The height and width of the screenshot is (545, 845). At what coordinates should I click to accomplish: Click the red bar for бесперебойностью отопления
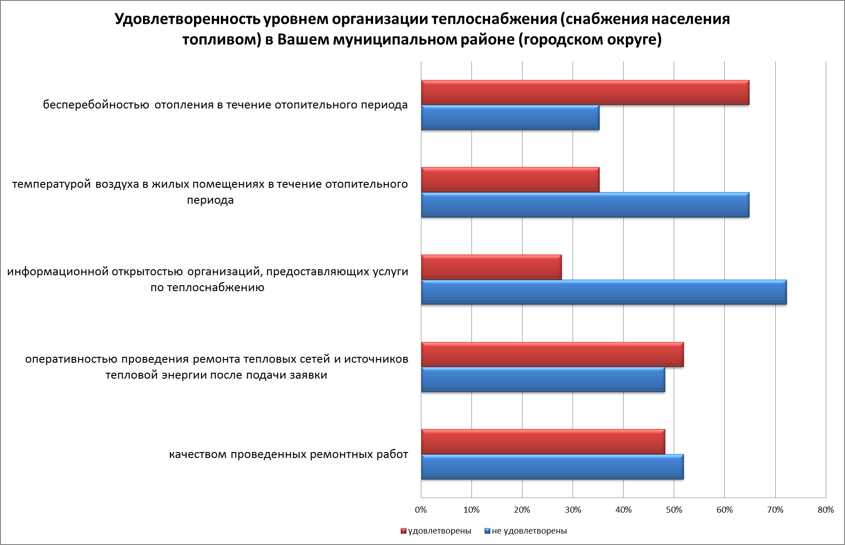click(585, 93)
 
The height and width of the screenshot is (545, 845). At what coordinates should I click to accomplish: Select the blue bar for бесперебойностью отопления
click(510, 118)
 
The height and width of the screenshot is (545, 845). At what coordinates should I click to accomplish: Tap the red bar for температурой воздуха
click(510, 180)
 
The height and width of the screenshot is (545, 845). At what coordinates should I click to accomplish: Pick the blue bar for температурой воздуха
click(585, 205)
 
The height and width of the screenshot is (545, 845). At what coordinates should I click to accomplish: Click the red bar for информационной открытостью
click(491, 267)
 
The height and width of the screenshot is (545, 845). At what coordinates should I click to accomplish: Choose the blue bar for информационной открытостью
click(604, 292)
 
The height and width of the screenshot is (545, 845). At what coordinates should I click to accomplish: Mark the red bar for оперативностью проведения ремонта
click(552, 355)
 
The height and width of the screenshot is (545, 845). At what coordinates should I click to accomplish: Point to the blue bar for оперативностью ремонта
click(543, 380)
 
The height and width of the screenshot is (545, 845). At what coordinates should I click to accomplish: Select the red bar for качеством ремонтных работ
click(543, 442)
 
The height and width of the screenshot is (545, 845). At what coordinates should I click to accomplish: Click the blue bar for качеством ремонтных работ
click(552, 467)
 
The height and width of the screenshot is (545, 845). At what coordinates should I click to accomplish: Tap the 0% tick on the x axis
click(421, 510)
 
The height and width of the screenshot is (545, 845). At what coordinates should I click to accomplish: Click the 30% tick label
click(573, 510)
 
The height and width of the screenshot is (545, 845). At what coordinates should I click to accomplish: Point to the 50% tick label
click(674, 510)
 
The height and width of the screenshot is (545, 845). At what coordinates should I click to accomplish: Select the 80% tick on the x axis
click(825, 510)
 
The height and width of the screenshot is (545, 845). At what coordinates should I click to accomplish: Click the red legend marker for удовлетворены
click(404, 531)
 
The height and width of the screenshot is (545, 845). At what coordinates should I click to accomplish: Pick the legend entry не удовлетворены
click(529, 531)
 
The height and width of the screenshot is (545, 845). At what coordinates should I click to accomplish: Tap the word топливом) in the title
click(221, 40)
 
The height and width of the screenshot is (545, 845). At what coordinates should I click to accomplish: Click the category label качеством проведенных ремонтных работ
click(288, 454)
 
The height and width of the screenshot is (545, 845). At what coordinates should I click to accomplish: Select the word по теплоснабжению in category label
click(208, 288)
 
